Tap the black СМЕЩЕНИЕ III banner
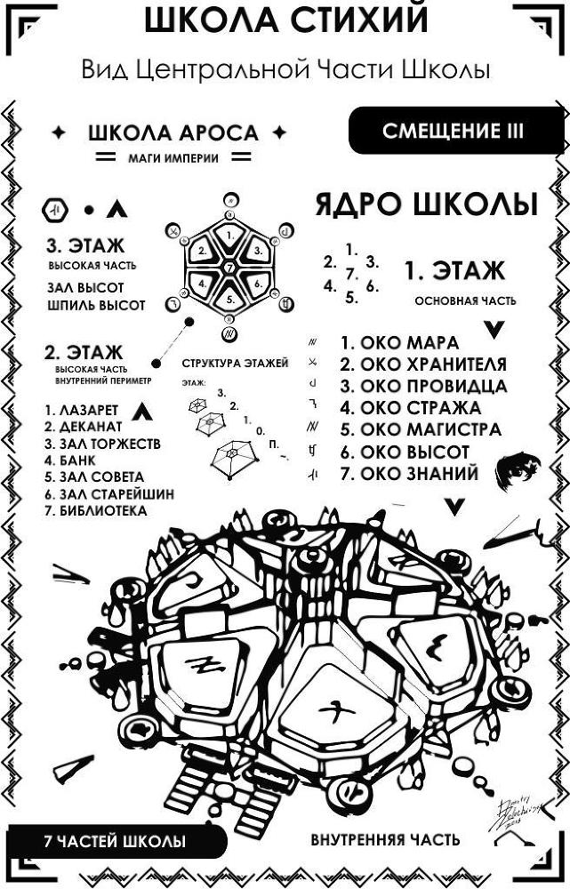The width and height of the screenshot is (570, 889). pyautogui.click(x=454, y=132)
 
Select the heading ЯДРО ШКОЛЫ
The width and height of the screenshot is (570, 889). pyautogui.click(x=426, y=204)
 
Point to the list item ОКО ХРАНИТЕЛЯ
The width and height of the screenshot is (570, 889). pyautogui.click(x=422, y=364)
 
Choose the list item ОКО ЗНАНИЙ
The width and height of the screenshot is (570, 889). pyautogui.click(x=409, y=474)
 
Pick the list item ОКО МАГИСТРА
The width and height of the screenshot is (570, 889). pyautogui.click(x=420, y=430)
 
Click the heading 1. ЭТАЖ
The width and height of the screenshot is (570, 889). pyautogui.click(x=454, y=270)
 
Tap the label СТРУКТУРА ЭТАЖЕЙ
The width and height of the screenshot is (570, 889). pyautogui.click(x=235, y=364)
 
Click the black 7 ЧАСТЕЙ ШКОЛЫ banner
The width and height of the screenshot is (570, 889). pyautogui.click(x=115, y=840)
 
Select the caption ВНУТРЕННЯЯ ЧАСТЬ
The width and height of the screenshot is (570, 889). pyautogui.click(x=385, y=839)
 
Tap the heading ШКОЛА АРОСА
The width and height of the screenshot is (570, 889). pyautogui.click(x=173, y=133)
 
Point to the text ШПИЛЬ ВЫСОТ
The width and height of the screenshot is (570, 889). pyautogui.click(x=95, y=306)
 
